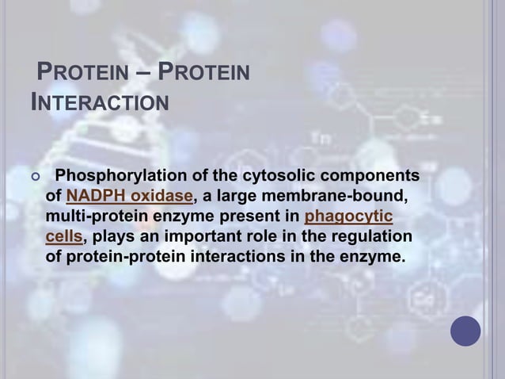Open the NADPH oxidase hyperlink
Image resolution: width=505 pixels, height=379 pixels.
pyautogui.click(x=130, y=196)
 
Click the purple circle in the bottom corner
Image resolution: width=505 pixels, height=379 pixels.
pyautogui.click(x=465, y=331)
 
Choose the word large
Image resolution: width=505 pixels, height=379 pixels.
pyautogui.click(x=231, y=196)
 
